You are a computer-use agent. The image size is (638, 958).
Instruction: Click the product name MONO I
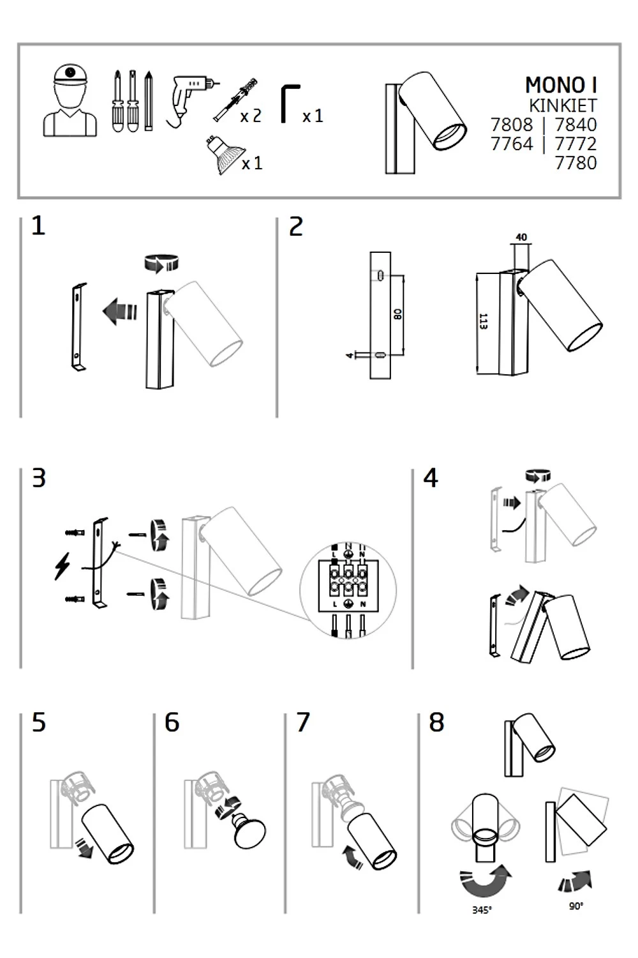pyautogui.click(x=561, y=85)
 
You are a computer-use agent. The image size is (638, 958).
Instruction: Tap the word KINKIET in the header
pyautogui.click(x=563, y=105)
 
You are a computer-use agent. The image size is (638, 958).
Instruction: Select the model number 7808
pyautogui.click(x=512, y=125)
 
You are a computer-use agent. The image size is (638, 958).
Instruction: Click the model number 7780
pyautogui.click(x=575, y=163)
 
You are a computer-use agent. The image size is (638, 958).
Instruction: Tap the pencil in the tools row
pyautogui.click(x=149, y=100)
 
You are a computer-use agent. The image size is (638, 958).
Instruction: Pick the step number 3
pyautogui.click(x=39, y=478)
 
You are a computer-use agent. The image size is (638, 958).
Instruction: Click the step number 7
pyautogui.click(x=303, y=722)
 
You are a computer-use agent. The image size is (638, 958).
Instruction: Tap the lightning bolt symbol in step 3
pyautogui.click(x=63, y=566)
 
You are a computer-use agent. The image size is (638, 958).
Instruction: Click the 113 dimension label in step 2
pyautogui.click(x=484, y=322)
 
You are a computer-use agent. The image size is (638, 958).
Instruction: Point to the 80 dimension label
pyautogui.click(x=397, y=314)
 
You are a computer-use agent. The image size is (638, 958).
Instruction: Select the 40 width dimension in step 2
pyautogui.click(x=521, y=238)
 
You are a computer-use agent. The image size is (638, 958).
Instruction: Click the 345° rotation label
pyautogui.click(x=482, y=910)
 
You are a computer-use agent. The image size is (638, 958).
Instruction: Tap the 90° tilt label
pyautogui.click(x=576, y=906)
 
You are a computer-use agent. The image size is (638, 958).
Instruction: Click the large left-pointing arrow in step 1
pyautogui.click(x=119, y=311)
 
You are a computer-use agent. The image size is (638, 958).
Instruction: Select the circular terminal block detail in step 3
pyautogui.click(x=348, y=589)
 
